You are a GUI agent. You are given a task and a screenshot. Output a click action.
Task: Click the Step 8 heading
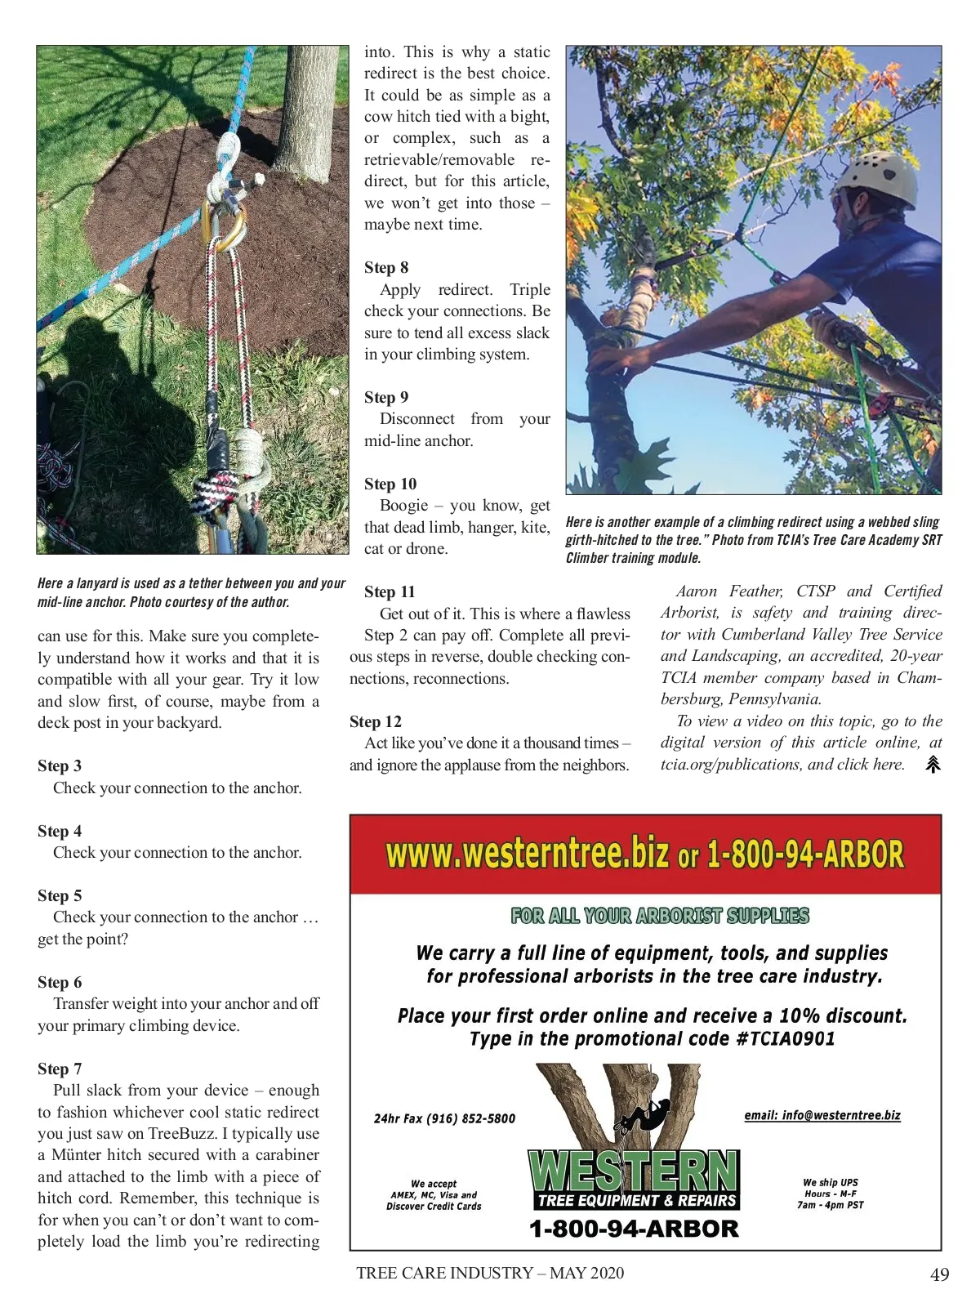tap(386, 268)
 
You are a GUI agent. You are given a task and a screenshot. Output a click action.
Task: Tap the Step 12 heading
tap(376, 722)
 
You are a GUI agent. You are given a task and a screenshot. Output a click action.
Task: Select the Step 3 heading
tap(60, 766)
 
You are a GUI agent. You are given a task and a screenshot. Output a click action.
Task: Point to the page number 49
tap(940, 1275)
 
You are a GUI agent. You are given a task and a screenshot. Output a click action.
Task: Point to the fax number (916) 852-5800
tap(462, 1118)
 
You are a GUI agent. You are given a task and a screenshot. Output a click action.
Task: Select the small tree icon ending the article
tap(933, 765)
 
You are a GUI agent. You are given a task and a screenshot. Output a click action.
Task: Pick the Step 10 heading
tap(390, 484)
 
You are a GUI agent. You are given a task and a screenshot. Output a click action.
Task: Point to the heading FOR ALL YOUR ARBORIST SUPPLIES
tap(660, 916)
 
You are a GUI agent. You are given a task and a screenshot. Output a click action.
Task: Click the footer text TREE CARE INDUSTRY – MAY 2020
tap(490, 1274)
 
